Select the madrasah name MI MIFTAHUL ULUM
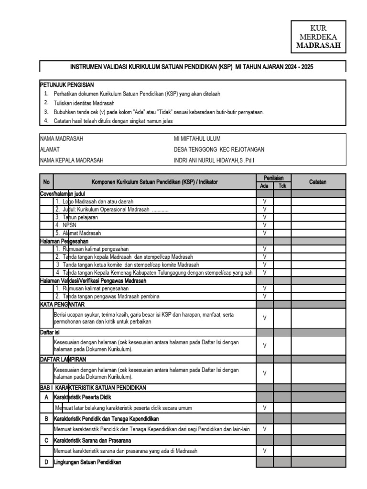[197, 139]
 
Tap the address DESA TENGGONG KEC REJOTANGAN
[219, 149]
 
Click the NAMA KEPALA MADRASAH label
[72, 160]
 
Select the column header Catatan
[317, 182]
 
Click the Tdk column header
[282, 186]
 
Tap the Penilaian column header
[273, 178]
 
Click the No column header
[46, 182]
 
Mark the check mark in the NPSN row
[264, 225]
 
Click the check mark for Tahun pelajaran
[264, 217]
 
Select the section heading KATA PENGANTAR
[62, 304]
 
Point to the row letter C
[46, 440]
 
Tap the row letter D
[46, 462]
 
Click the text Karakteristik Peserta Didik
[83, 397]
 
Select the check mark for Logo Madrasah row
[264, 202]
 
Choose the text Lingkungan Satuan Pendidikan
[87, 462]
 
